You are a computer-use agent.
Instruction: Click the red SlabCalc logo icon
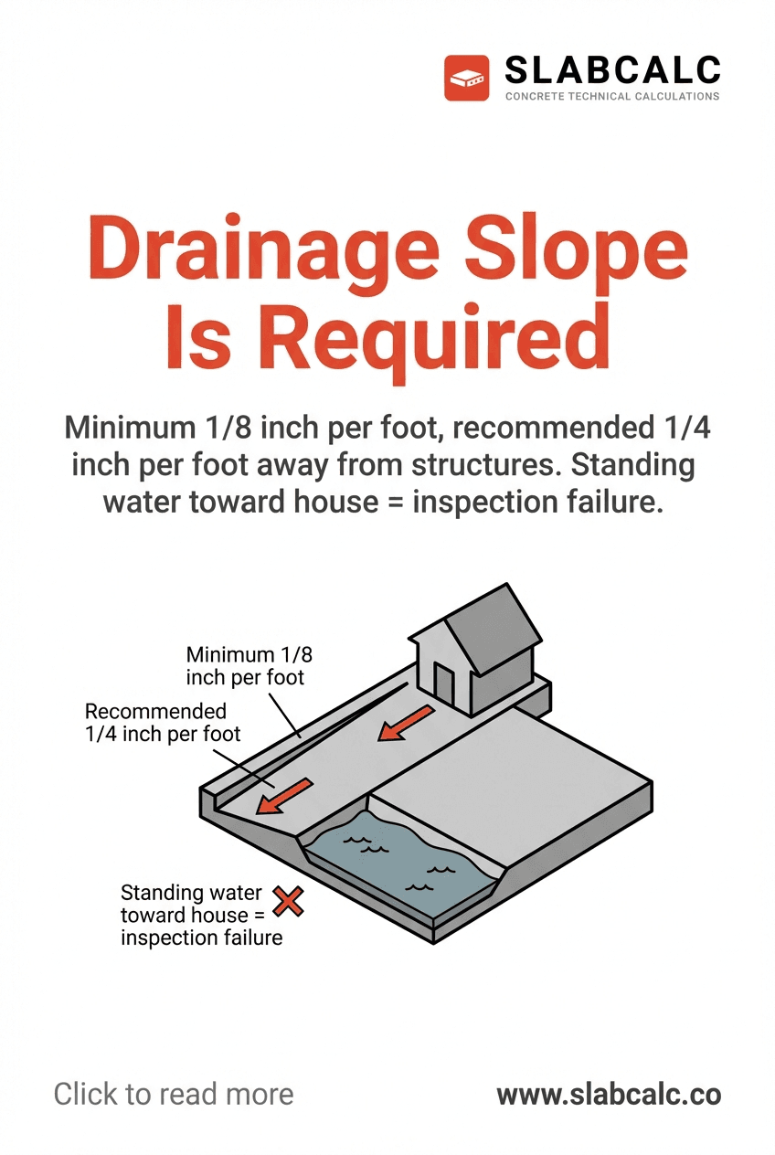pyautogui.click(x=467, y=78)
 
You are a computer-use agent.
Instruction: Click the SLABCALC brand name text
pyautogui.click(x=612, y=69)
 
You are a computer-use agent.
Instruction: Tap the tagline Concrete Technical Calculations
pyautogui.click(x=612, y=96)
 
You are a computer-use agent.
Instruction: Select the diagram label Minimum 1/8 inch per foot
pyautogui.click(x=245, y=666)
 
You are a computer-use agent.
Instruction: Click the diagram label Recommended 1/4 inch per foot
pyautogui.click(x=163, y=722)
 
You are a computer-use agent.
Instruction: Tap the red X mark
pyautogui.click(x=289, y=903)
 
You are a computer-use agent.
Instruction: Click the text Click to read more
pyautogui.click(x=174, y=1094)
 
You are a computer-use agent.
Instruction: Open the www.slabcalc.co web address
pyautogui.click(x=609, y=1094)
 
